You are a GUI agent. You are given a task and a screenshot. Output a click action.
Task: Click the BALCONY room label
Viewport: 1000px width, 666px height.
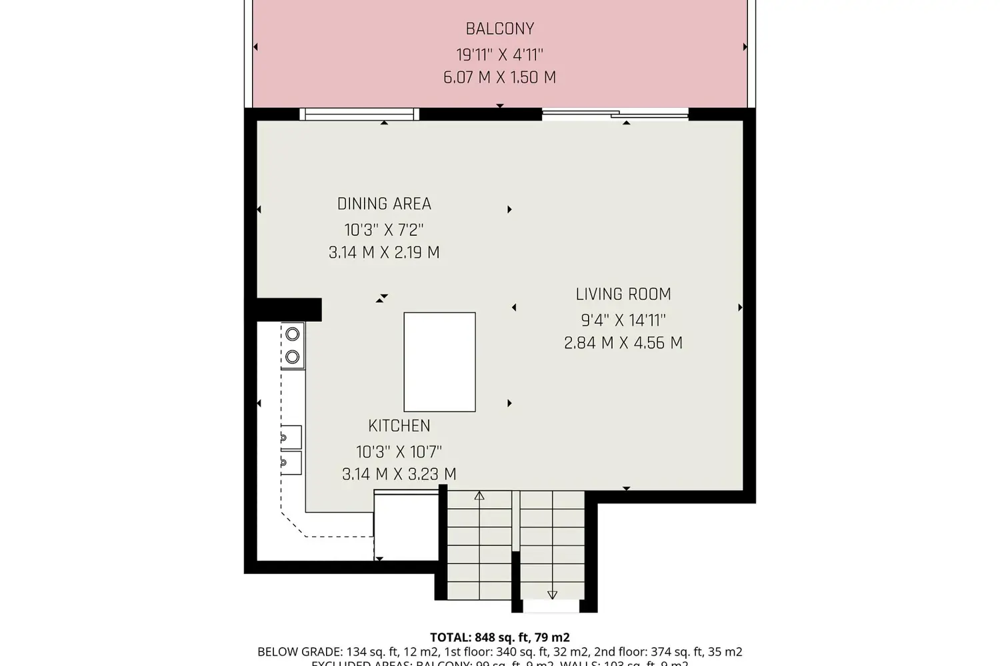[500, 29]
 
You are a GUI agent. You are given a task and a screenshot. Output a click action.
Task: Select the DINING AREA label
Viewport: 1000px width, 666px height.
[384, 204]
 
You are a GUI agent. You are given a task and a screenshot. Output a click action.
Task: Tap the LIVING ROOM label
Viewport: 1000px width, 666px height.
[623, 294]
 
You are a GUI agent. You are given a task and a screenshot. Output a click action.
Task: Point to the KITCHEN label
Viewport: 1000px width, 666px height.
[399, 426]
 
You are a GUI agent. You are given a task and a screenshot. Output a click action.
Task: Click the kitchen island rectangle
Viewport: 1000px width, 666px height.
[440, 362]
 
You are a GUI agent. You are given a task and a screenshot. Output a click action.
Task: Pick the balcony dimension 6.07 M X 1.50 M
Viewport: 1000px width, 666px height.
[500, 77]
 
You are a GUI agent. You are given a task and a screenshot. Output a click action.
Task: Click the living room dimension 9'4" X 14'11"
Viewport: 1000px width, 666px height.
[623, 320]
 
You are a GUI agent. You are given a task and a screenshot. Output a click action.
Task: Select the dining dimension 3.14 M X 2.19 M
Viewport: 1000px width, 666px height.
[384, 252]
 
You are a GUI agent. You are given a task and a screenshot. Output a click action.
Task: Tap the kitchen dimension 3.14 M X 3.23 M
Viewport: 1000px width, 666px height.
[399, 474]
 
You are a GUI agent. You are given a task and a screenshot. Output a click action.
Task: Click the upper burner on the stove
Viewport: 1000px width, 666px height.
[292, 335]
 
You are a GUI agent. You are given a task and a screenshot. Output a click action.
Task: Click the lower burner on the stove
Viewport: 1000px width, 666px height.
[292, 358]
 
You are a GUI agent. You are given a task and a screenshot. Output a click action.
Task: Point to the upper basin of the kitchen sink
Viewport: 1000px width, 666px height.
[290, 437]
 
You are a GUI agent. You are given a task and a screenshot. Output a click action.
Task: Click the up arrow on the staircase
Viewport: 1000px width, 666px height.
[479, 496]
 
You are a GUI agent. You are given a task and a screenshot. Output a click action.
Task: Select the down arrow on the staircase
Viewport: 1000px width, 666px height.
[552, 594]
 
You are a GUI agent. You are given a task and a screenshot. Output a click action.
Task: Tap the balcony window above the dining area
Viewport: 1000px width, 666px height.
[359, 115]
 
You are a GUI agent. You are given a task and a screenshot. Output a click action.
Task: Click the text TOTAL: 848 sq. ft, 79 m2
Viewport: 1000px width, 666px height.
[500, 637]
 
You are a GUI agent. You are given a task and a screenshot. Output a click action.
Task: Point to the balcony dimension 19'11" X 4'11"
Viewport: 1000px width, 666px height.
[500, 54]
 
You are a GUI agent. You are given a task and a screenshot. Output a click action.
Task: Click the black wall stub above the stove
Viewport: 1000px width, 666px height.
[289, 310]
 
